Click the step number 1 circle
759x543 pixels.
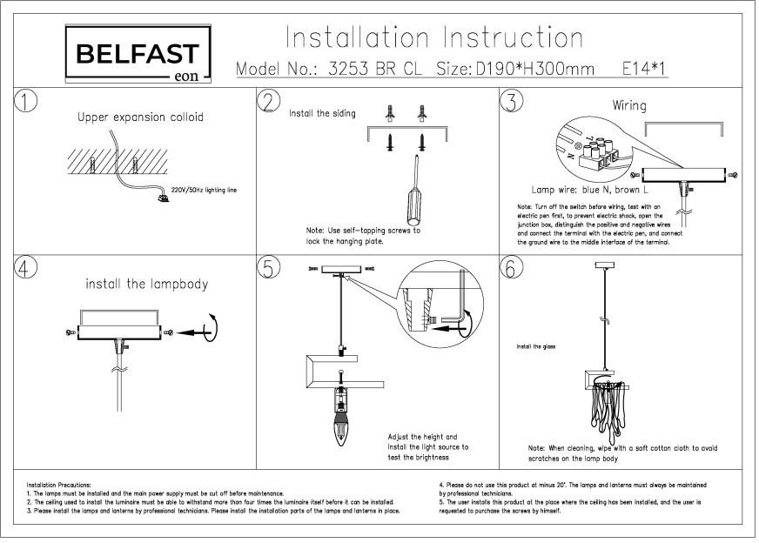pyautogui.click(x=28, y=101)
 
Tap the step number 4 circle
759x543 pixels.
pyautogui.click(x=28, y=268)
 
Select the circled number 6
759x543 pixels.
pyautogui.click(x=513, y=268)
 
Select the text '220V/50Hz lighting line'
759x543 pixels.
pyautogui.click(x=204, y=188)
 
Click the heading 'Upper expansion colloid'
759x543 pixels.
pyautogui.click(x=140, y=117)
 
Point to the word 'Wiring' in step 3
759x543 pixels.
pyautogui.click(x=628, y=106)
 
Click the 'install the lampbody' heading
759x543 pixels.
pyautogui.click(x=146, y=284)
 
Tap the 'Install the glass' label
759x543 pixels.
pyautogui.click(x=536, y=346)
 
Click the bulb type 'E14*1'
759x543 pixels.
pyautogui.click(x=645, y=69)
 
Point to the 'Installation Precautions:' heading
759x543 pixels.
pyautogui.click(x=58, y=485)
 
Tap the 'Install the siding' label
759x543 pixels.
pyautogui.click(x=322, y=113)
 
